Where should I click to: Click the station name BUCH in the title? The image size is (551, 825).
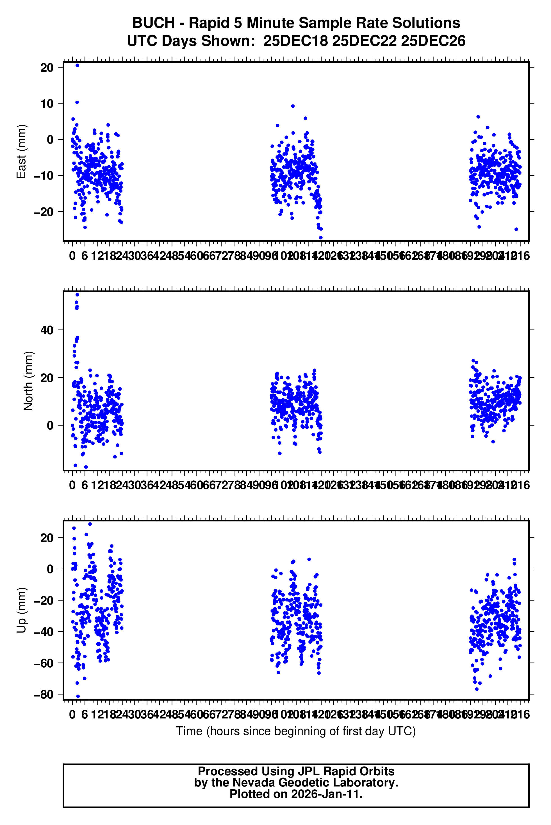pyautogui.click(x=153, y=23)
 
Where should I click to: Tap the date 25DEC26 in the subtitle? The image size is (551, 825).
pyautogui.click(x=433, y=41)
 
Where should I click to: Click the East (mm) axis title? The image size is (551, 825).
pyautogui.click(x=21, y=152)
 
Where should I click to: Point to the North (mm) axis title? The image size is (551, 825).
pyautogui.click(x=28, y=381)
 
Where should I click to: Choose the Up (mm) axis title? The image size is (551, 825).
pyautogui.click(x=21, y=610)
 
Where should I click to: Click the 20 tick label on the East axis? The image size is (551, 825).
pyautogui.click(x=47, y=67)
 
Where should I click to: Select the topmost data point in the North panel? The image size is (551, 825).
pyautogui.click(x=77, y=295)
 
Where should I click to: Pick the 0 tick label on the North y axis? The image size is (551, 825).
pyautogui.click(x=50, y=426)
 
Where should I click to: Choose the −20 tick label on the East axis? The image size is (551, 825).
pyautogui.click(x=44, y=212)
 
